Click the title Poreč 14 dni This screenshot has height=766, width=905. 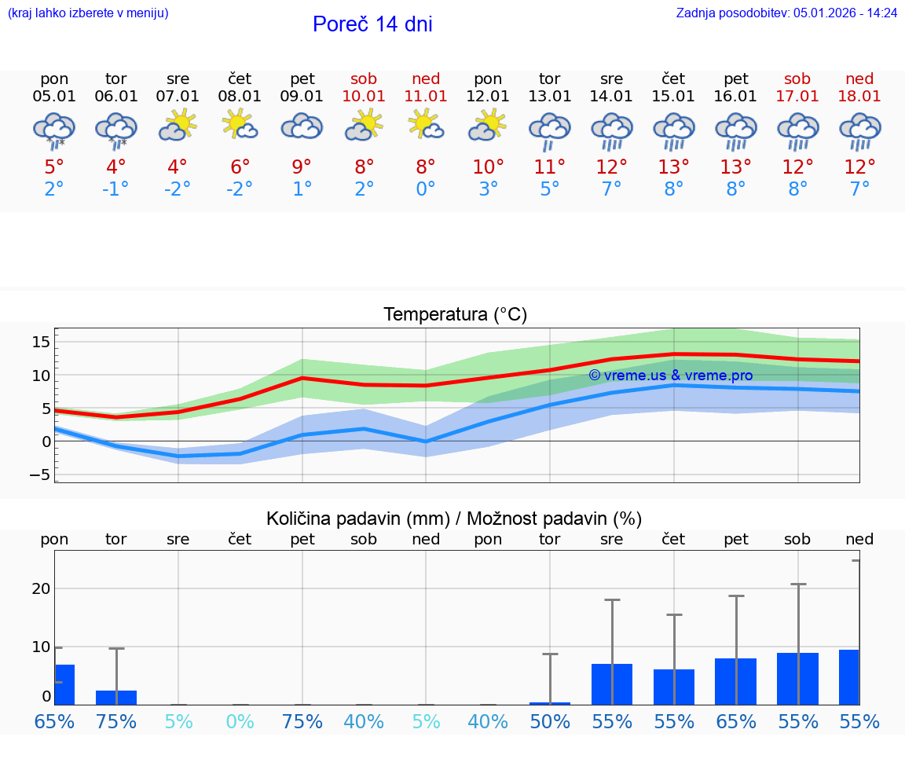click(372, 24)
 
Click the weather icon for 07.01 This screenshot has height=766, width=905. click(178, 126)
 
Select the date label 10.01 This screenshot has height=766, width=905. click(364, 97)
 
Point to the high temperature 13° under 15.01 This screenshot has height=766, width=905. click(673, 167)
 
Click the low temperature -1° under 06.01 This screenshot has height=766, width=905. click(116, 189)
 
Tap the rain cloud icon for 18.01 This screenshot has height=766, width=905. click(859, 130)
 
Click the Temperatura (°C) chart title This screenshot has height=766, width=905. click(455, 315)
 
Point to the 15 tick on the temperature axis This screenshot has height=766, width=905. click(41, 342)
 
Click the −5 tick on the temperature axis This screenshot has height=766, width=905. click(39, 475)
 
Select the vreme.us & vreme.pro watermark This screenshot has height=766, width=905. click(670, 376)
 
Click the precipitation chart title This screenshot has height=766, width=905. click(454, 519)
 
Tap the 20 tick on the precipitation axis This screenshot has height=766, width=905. click(41, 588)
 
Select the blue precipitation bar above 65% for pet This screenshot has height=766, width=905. click(735, 681)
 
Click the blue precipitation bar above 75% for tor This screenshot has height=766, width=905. click(116, 698)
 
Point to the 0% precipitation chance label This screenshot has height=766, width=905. click(240, 722)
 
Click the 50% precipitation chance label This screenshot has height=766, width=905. click(549, 722)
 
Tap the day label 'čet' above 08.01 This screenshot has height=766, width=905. click(240, 79)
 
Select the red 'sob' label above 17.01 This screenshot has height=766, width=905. click(797, 79)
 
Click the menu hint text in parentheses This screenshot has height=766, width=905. click(87, 13)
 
